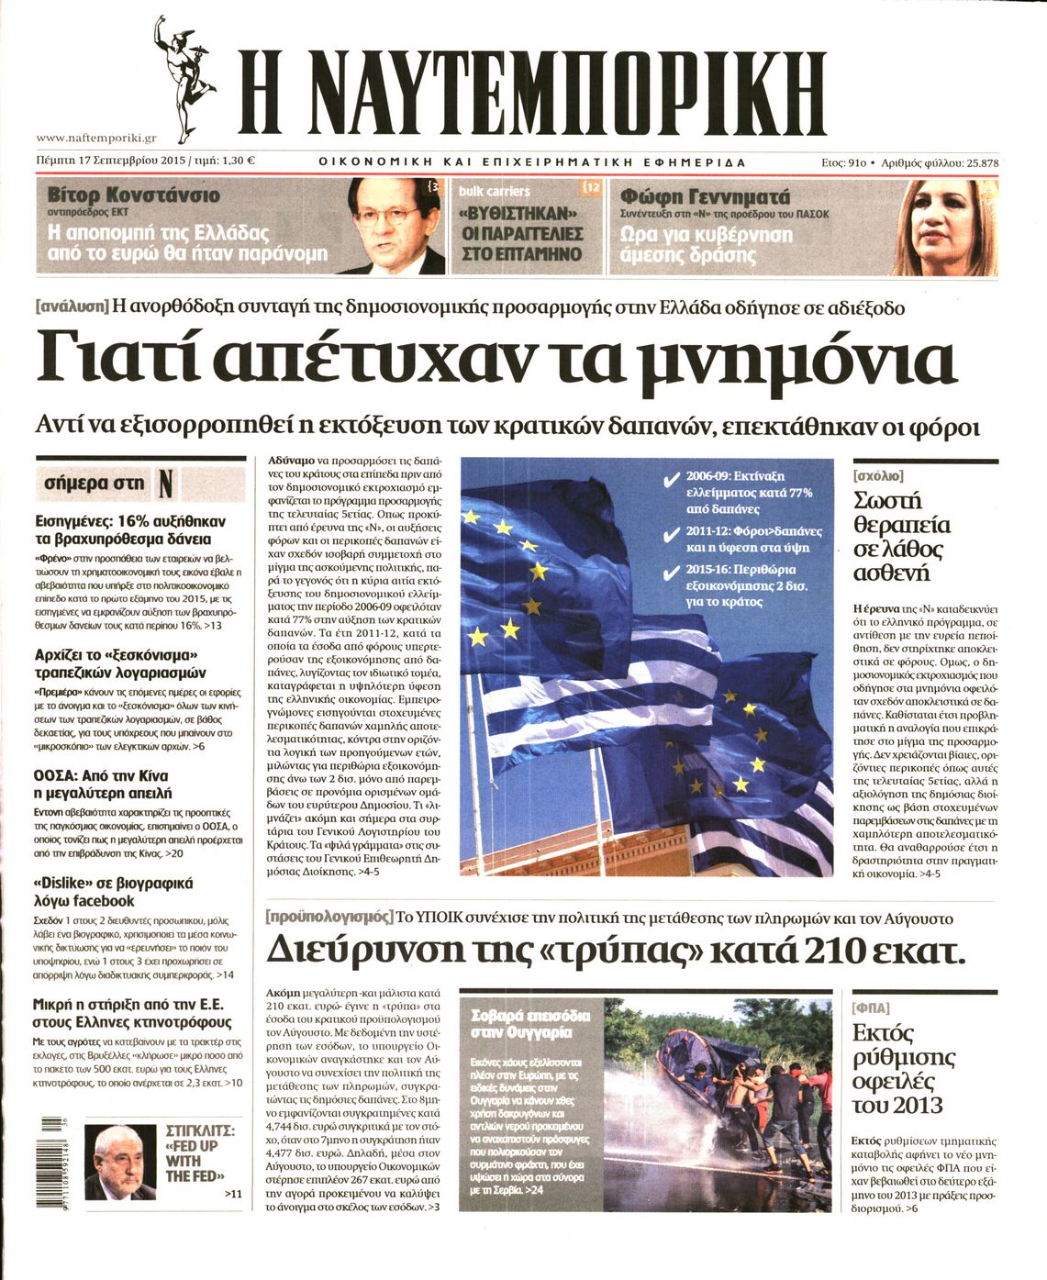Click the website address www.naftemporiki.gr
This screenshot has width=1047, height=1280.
coord(96,138)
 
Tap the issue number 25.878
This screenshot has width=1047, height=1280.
coord(978,162)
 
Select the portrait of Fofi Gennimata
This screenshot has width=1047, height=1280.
coord(945,227)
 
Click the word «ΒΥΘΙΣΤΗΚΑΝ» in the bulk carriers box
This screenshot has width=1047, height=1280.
coord(522,217)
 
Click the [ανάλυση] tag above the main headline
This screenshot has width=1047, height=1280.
coord(72,307)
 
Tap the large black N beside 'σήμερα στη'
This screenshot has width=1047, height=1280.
coord(166,484)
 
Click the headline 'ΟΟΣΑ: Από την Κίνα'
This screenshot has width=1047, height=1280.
coord(102,774)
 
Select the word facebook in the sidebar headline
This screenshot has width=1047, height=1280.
coord(99,901)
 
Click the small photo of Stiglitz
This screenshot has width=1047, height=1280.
coord(119,1163)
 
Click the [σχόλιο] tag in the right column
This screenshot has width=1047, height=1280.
coord(877,476)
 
